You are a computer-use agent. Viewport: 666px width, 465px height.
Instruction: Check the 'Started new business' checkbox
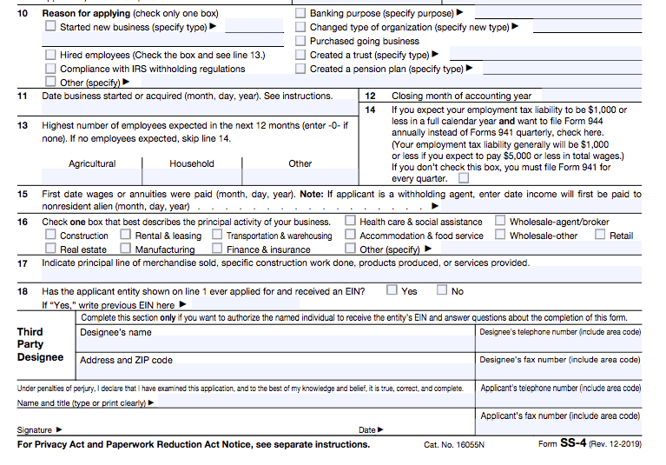point(50,27)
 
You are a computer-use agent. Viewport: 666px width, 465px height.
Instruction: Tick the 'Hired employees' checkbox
point(50,55)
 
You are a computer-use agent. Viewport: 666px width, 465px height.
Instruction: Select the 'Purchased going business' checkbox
point(300,41)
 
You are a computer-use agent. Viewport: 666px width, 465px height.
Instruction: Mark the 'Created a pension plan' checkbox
point(300,69)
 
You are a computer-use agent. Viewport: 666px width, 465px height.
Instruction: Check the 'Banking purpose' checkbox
point(300,13)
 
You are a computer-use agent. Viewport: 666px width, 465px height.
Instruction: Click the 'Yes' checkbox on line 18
point(392,290)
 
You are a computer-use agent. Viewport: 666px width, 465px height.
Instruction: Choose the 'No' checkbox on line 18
point(442,290)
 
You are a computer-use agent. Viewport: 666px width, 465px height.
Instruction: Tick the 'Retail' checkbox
point(600,235)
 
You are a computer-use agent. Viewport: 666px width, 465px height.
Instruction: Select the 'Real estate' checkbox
point(50,249)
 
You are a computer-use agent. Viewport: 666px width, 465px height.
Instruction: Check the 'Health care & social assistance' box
point(351,222)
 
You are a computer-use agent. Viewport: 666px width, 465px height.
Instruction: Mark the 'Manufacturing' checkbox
point(126,249)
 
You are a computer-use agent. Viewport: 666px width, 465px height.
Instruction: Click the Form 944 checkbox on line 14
point(464,178)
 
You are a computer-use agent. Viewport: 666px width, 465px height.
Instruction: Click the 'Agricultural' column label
point(92,163)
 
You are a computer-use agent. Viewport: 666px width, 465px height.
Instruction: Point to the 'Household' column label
point(192,163)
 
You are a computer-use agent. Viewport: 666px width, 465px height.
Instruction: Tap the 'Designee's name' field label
point(115,332)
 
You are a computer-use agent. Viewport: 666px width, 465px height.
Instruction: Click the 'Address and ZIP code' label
point(126,360)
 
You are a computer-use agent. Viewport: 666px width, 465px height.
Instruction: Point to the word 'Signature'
point(35,430)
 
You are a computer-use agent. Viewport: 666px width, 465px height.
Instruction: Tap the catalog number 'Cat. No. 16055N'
point(454,445)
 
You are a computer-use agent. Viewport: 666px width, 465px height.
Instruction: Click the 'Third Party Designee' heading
point(40,344)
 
